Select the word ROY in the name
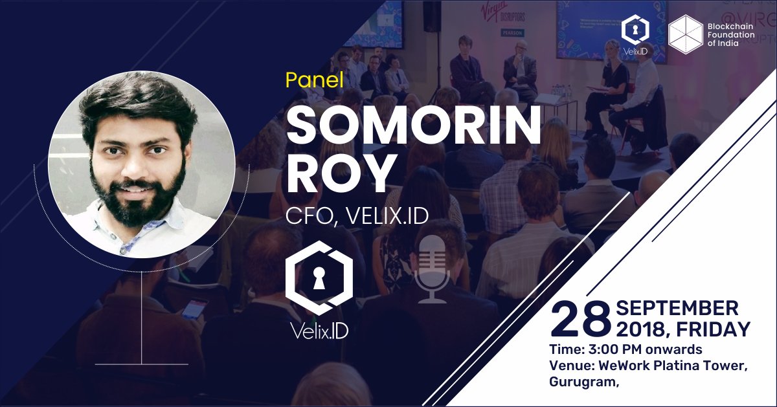tap(341, 173)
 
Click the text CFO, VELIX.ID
tap(357, 215)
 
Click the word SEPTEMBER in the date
tap(677, 308)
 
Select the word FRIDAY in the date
tap(713, 330)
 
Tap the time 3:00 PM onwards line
tap(625, 350)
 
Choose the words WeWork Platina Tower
tap(673, 366)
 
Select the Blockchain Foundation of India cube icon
tap(686, 34)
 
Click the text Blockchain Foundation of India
tap(738, 34)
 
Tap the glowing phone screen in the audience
tap(194, 307)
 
